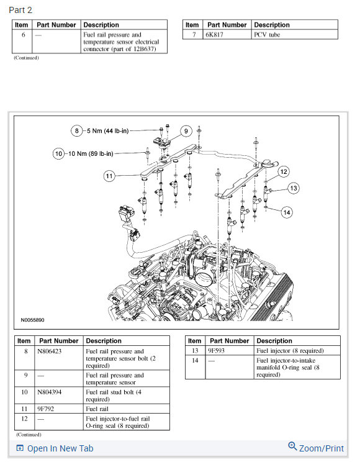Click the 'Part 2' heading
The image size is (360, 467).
20,10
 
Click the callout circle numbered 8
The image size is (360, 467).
76,131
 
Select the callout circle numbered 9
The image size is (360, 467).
185,131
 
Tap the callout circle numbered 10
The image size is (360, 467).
58,153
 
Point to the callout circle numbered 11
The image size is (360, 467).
109,176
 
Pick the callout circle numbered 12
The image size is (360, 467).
283,171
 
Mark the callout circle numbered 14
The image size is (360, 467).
286,212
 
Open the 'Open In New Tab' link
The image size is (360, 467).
60,448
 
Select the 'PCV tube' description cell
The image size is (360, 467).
268,35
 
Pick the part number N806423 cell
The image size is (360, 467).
48,351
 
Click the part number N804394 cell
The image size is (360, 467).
48,392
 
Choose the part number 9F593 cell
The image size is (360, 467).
219,351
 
